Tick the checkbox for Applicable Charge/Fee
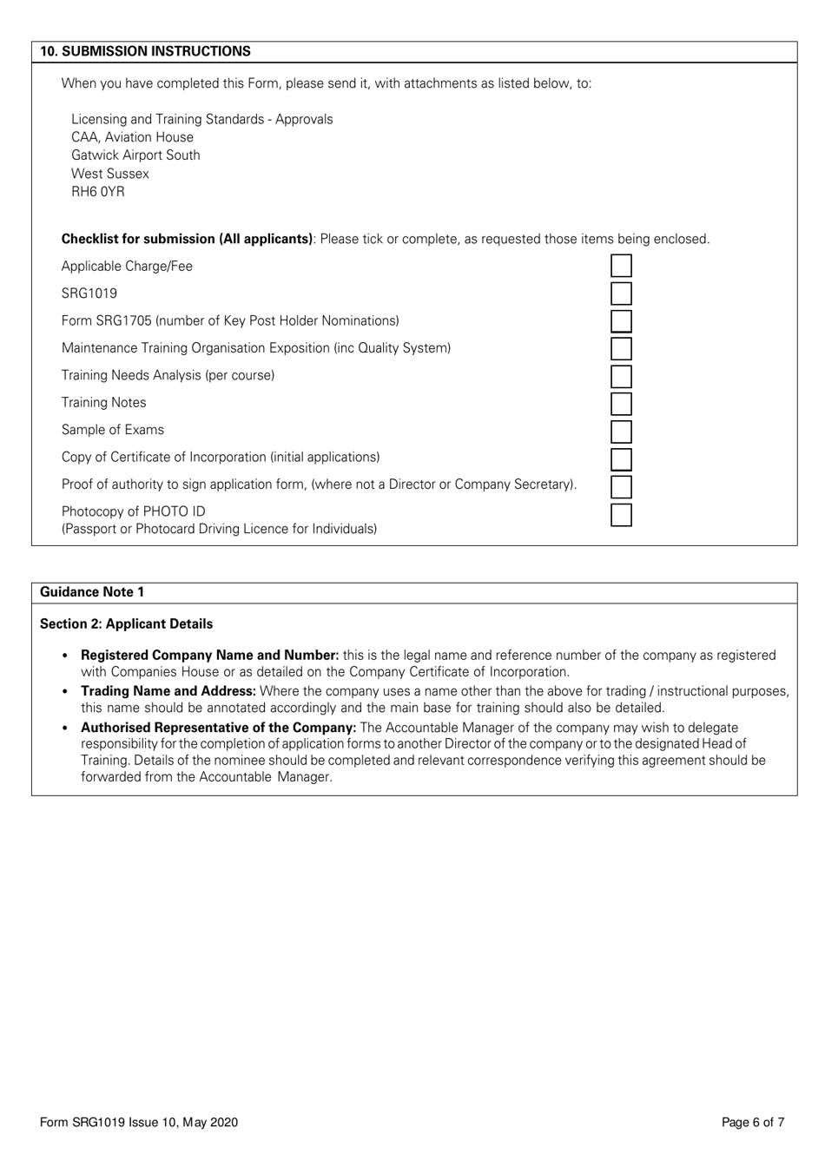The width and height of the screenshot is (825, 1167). (x=621, y=266)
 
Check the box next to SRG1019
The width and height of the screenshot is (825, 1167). (x=621, y=293)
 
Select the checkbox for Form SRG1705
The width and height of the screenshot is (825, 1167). (x=621, y=321)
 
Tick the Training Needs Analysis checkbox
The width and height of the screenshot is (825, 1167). (x=621, y=376)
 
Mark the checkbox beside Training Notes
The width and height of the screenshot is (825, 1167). (x=621, y=404)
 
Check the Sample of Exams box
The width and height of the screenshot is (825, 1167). (x=621, y=432)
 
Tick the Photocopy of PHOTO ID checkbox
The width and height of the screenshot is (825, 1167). (x=621, y=514)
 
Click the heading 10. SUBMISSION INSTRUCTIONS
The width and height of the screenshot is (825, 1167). (x=145, y=51)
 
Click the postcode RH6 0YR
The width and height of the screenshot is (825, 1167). (x=98, y=192)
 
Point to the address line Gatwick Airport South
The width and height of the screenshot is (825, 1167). (x=135, y=155)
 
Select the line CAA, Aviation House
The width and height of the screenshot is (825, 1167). (x=132, y=137)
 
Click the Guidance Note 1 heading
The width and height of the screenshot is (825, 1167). (x=92, y=592)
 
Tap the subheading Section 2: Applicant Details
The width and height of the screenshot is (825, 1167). (x=126, y=624)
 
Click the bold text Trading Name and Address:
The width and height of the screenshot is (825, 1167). (x=168, y=691)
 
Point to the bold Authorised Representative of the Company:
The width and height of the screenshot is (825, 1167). (x=219, y=728)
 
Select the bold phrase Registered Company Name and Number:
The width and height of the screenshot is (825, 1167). (x=209, y=656)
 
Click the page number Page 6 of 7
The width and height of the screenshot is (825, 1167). (x=753, y=1123)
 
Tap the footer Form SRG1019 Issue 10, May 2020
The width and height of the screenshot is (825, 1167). (x=139, y=1123)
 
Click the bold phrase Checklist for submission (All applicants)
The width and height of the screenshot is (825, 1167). (x=187, y=239)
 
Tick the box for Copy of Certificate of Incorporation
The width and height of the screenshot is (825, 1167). (x=621, y=458)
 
